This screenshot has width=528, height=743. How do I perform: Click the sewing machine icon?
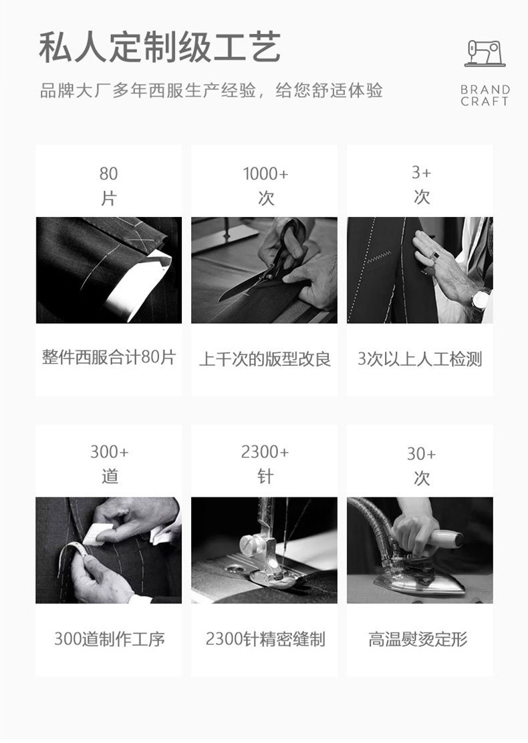coord(485,53)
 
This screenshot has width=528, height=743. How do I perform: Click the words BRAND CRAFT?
coord(485,95)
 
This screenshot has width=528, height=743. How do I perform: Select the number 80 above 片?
coord(108,174)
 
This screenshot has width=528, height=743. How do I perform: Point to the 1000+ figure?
coord(265,174)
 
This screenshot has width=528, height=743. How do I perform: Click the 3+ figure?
coord(421,173)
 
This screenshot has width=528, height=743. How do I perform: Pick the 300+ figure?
coord(109,453)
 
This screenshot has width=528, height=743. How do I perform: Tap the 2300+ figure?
coord(265,453)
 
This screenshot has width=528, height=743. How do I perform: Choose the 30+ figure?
coord(421,455)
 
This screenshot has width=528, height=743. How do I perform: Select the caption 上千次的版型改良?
coord(265,359)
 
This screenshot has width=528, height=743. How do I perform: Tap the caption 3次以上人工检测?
coord(420,359)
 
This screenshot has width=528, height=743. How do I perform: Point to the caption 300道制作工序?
coord(109,640)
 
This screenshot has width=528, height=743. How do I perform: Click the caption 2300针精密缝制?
coord(265,640)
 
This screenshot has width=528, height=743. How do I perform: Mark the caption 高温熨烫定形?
coord(418,640)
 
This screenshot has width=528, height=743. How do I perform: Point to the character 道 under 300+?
coord(110,477)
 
